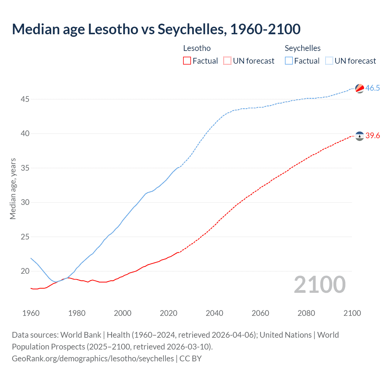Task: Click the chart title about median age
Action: point(156,29)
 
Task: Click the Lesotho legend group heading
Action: point(197,48)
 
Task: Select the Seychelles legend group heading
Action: point(303,48)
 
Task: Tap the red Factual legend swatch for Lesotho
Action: point(187,61)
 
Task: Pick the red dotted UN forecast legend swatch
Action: point(227,61)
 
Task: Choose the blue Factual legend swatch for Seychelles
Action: point(289,61)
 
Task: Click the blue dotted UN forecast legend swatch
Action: point(329,61)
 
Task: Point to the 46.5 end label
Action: point(373,88)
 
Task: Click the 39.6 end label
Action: point(373,135)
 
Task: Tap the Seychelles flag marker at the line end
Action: point(360,89)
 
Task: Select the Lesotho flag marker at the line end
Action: point(360,136)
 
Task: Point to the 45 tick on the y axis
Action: point(25,99)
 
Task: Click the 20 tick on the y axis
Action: point(25,271)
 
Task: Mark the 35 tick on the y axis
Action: point(25,168)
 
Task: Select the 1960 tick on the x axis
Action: point(31,313)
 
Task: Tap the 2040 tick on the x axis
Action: point(214,313)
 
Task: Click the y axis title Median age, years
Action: point(13,189)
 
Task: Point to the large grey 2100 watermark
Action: point(319,285)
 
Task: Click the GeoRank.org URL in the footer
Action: point(93,359)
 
